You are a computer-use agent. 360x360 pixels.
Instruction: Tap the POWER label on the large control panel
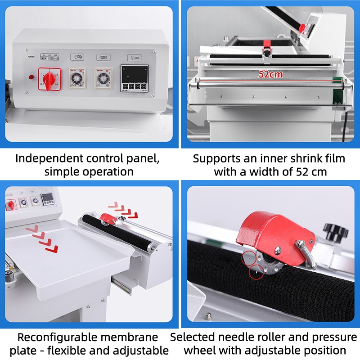[x=31, y=57]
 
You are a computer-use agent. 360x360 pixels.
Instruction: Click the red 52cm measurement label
[x=270, y=74]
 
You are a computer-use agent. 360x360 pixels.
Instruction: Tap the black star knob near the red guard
[x=335, y=232]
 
